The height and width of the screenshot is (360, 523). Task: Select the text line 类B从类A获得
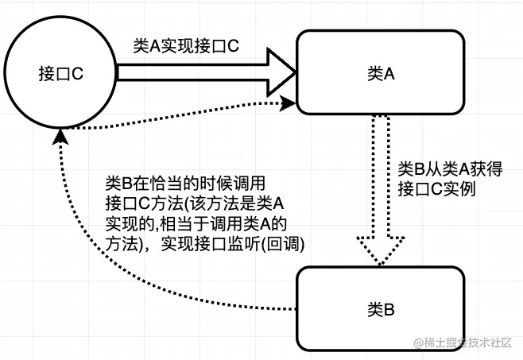tap(450, 169)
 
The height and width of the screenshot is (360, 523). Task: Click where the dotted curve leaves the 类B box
tap(295, 308)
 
